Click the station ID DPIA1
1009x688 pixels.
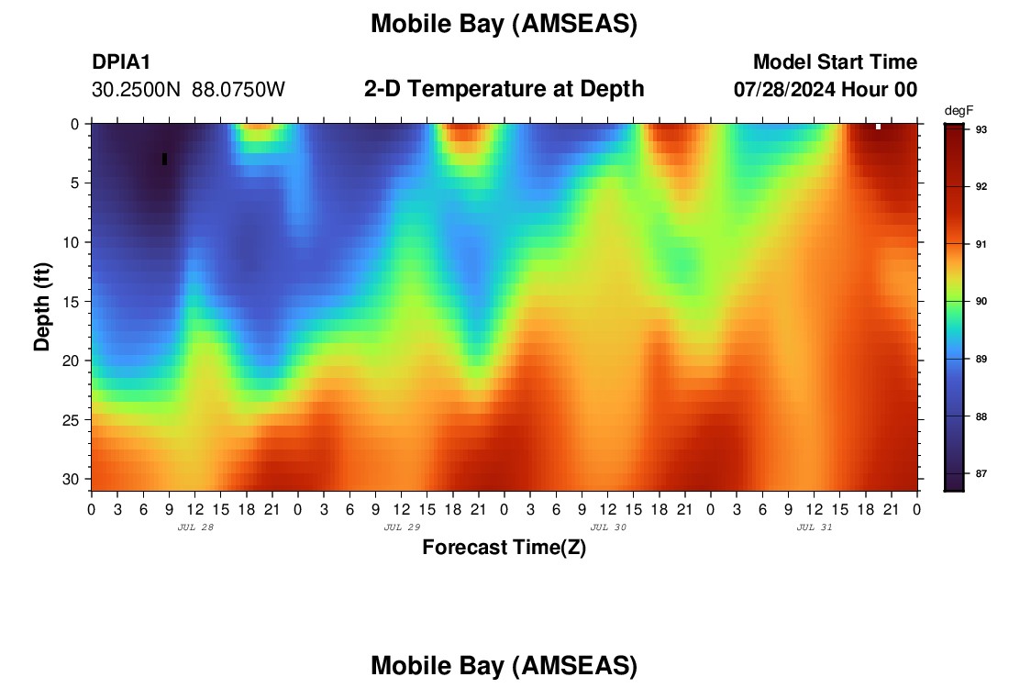point(121,61)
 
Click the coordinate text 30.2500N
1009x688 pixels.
point(136,90)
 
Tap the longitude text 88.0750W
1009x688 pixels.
point(238,90)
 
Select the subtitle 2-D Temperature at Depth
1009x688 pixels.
point(504,89)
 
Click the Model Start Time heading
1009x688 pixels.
point(835,61)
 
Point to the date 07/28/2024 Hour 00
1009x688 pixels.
point(825,90)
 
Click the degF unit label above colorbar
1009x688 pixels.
point(959,111)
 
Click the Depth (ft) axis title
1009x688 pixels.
point(42,307)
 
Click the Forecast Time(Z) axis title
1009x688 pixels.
point(504,547)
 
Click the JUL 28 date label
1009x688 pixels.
point(195,527)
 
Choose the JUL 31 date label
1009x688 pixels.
point(815,527)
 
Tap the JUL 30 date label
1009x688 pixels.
point(608,527)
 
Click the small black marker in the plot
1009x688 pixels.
point(165,159)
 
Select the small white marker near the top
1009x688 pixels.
point(879,127)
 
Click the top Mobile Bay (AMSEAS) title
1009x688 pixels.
point(504,24)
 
